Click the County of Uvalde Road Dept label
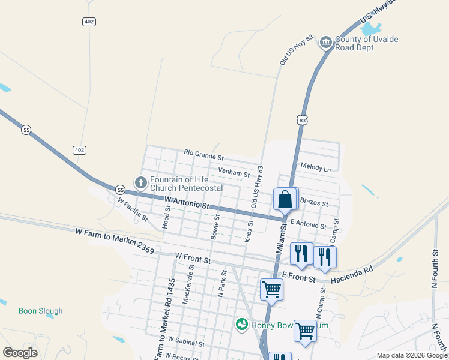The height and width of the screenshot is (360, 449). click(366, 44)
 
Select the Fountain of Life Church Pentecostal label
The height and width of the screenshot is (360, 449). click(186, 184)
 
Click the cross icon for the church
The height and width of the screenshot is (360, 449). click(140, 182)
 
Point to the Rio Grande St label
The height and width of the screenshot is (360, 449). click(203, 155)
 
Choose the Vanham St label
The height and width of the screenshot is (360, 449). click(234, 173)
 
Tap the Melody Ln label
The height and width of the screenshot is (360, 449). click(316, 169)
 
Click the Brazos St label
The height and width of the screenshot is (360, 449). click(313, 203)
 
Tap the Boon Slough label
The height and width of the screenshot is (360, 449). click(40, 311)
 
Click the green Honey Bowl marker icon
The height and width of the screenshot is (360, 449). click(242, 325)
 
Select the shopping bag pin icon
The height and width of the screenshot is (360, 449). click(285, 199)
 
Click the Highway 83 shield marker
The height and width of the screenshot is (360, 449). click(302, 120)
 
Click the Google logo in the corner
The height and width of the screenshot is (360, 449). click(20, 352)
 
